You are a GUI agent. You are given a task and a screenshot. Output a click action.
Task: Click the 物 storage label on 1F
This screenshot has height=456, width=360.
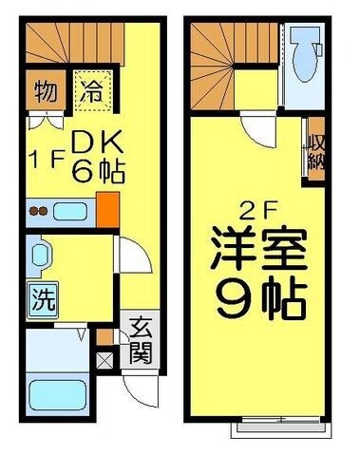44,92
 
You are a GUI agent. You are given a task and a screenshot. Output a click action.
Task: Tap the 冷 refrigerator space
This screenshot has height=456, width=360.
91,92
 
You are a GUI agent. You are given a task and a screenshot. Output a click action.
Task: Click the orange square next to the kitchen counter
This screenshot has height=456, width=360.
108,208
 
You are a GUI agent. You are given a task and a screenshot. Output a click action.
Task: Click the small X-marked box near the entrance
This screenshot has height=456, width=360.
104,361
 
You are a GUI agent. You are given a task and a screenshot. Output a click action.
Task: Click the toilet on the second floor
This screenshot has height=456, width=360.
307,52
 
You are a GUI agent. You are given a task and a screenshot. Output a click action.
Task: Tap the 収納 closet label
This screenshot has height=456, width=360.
313,156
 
